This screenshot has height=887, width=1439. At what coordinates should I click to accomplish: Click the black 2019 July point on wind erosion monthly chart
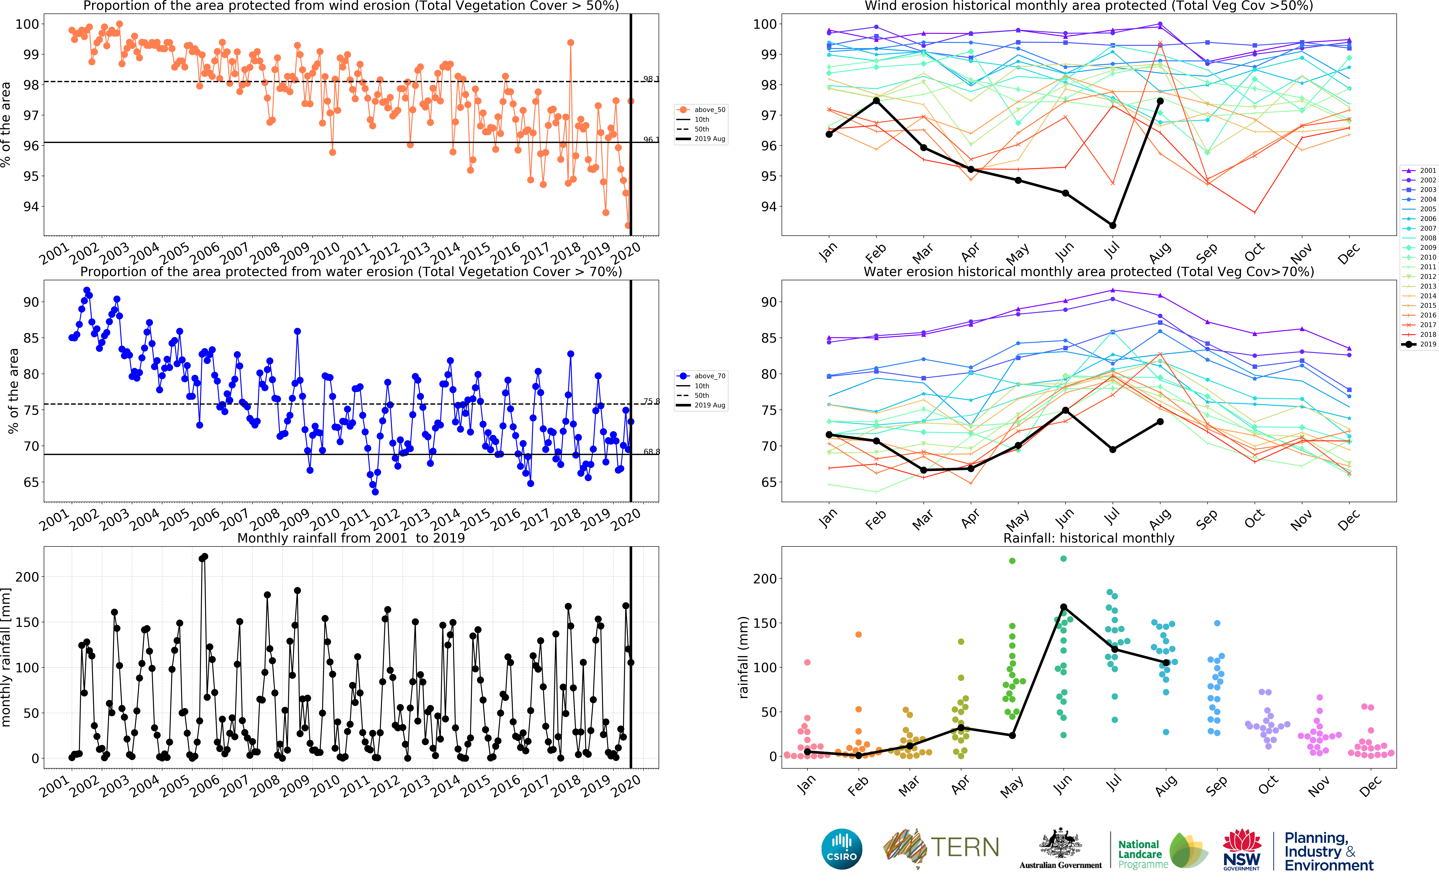coord(1112,225)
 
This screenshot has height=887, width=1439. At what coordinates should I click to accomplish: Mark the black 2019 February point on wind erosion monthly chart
coord(876,101)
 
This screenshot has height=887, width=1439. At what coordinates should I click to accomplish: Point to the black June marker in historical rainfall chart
coord(1063,607)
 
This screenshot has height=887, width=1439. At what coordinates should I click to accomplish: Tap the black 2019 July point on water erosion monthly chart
coord(1112,449)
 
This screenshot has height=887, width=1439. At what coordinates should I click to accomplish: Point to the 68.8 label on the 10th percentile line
coord(651,452)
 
